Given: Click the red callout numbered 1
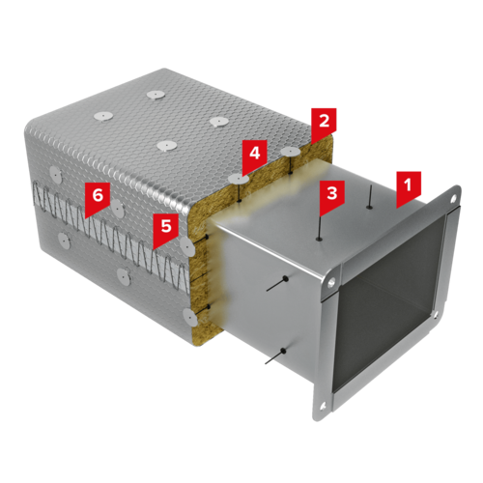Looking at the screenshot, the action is tap(409, 186).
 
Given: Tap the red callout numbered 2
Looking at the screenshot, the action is tap(324, 123).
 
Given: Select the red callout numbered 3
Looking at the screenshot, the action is tap(332, 194).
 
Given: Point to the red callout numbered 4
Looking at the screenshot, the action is tap(255, 155).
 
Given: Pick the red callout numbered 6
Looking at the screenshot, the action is tap(98, 197).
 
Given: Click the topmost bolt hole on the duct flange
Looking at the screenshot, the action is tap(454, 199).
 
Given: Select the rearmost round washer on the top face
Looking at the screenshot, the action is tap(156, 95).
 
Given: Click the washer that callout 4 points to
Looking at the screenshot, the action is tap(238, 178).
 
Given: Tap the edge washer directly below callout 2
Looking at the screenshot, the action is tap(291, 151).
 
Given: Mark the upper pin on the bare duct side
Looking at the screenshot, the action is tap(277, 284).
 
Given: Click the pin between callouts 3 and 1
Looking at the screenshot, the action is tap(371, 197).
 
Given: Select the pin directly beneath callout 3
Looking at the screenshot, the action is tap(320, 228).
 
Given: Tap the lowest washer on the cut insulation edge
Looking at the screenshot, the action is tap(189, 316).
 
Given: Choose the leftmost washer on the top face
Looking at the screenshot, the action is tap(103, 116).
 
